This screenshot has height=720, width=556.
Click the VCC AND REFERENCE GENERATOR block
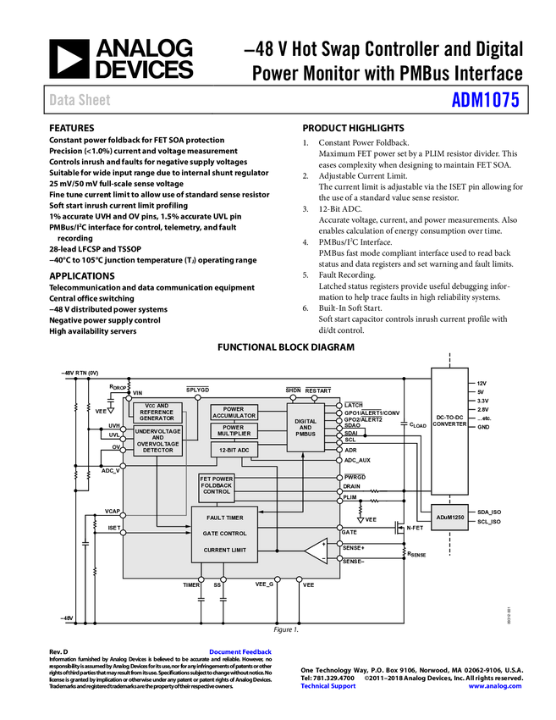(x=157, y=412)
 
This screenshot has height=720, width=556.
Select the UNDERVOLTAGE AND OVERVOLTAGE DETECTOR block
(x=157, y=440)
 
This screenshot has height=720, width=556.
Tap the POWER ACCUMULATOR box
(x=234, y=412)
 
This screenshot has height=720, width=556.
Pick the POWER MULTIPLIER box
(x=234, y=431)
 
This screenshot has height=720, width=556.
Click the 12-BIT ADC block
(x=234, y=450)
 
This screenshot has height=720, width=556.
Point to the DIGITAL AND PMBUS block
(x=306, y=428)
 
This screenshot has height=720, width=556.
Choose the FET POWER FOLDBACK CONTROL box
(x=217, y=485)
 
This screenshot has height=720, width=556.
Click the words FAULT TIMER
(x=224, y=518)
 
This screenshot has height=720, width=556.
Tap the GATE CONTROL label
(x=224, y=534)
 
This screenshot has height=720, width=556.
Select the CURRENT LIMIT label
(x=224, y=550)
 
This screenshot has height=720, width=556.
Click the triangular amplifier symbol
(x=316, y=551)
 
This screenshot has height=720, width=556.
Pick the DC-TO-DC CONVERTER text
(x=449, y=421)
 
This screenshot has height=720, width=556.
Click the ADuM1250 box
(x=449, y=517)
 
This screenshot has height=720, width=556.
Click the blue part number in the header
(x=485, y=100)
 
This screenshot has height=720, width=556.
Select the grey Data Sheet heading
(x=80, y=100)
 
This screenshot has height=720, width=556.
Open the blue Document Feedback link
(x=241, y=652)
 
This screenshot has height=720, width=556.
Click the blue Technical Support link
(x=328, y=686)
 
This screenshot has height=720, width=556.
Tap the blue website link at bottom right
(x=494, y=686)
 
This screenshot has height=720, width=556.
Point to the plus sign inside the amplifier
(x=322, y=544)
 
